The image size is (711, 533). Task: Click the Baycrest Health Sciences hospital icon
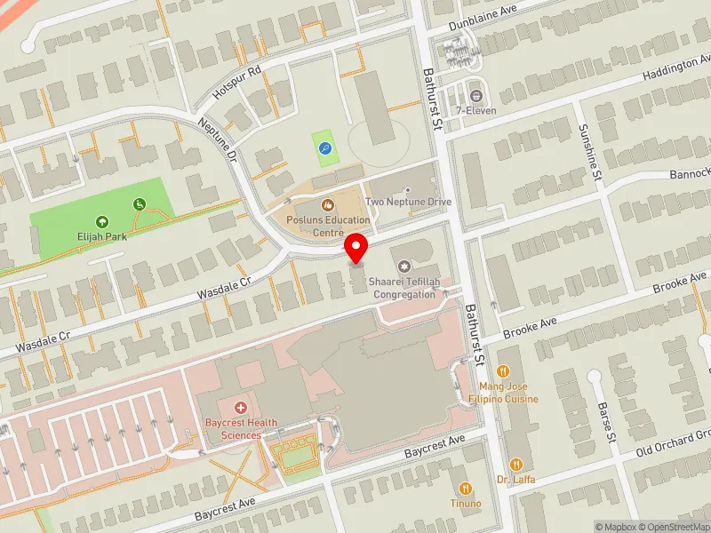coord(239,408)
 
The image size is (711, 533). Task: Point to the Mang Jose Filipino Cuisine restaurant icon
coord(503,371)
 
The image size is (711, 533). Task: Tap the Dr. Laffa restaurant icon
coord(515,464)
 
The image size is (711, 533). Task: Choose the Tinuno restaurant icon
coord(465,489)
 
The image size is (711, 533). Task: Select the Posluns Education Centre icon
coord(327,206)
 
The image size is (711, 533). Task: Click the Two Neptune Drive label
coord(409,202)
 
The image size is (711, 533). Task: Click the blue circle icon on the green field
coord(325,149)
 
